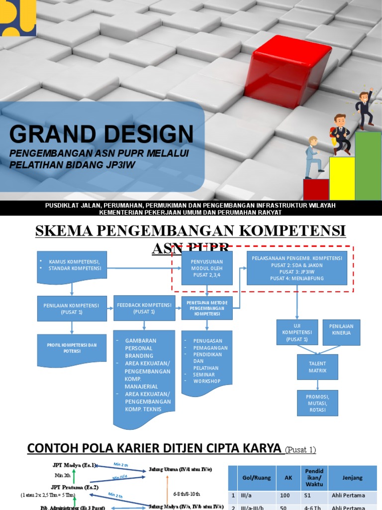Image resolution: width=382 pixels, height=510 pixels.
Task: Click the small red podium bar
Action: [316, 189]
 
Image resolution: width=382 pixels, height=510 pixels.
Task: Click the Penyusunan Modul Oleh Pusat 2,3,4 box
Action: [207, 268]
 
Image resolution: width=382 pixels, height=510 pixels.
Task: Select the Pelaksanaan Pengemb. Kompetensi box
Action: [297, 268]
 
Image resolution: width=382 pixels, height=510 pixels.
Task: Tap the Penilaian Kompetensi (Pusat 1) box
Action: [72, 308]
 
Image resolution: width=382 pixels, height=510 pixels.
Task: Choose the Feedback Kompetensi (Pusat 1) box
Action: [144, 308]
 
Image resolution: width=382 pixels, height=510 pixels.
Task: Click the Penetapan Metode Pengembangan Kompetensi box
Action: [207, 308]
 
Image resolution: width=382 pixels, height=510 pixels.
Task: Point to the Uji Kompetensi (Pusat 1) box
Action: [297, 332]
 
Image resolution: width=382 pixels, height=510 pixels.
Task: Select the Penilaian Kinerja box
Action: [341, 332]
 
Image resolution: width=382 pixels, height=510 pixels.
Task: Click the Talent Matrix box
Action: [318, 367]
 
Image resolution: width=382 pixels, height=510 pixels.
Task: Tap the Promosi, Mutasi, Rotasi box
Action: [318, 402]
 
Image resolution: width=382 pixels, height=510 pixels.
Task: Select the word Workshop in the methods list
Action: [206, 381]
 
